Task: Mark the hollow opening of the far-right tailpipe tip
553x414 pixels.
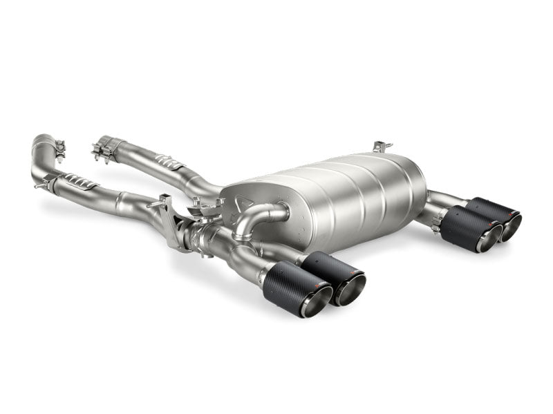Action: pyautogui.click(x=512, y=227)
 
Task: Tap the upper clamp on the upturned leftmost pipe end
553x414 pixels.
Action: pyautogui.click(x=59, y=148)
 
